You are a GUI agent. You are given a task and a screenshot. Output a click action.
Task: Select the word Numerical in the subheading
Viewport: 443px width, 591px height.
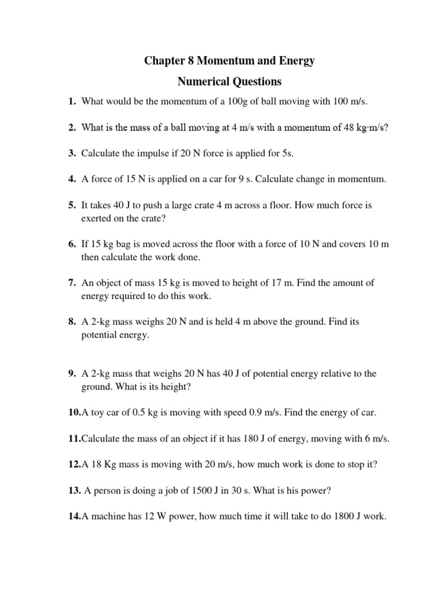point(200,81)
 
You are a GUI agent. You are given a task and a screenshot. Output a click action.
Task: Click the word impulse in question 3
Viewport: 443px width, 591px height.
point(142,154)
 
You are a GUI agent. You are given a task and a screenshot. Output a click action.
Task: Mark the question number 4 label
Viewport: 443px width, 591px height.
point(72,179)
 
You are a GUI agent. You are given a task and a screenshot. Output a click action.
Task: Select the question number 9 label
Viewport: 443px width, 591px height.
point(72,373)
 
